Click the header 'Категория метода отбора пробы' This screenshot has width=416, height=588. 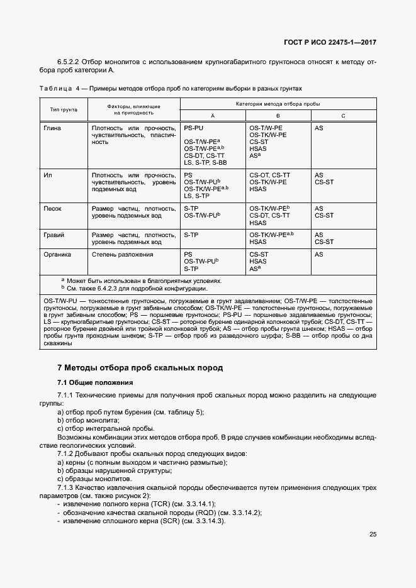tap(278, 103)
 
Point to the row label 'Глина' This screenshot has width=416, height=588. tap(52, 128)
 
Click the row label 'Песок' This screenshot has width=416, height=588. tap(52, 208)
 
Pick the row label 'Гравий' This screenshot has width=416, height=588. tap(53, 235)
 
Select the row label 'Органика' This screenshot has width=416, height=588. tap(57, 255)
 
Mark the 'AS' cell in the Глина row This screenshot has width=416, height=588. tap(319, 128)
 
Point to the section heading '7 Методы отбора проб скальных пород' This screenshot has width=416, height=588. tap(140, 368)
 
